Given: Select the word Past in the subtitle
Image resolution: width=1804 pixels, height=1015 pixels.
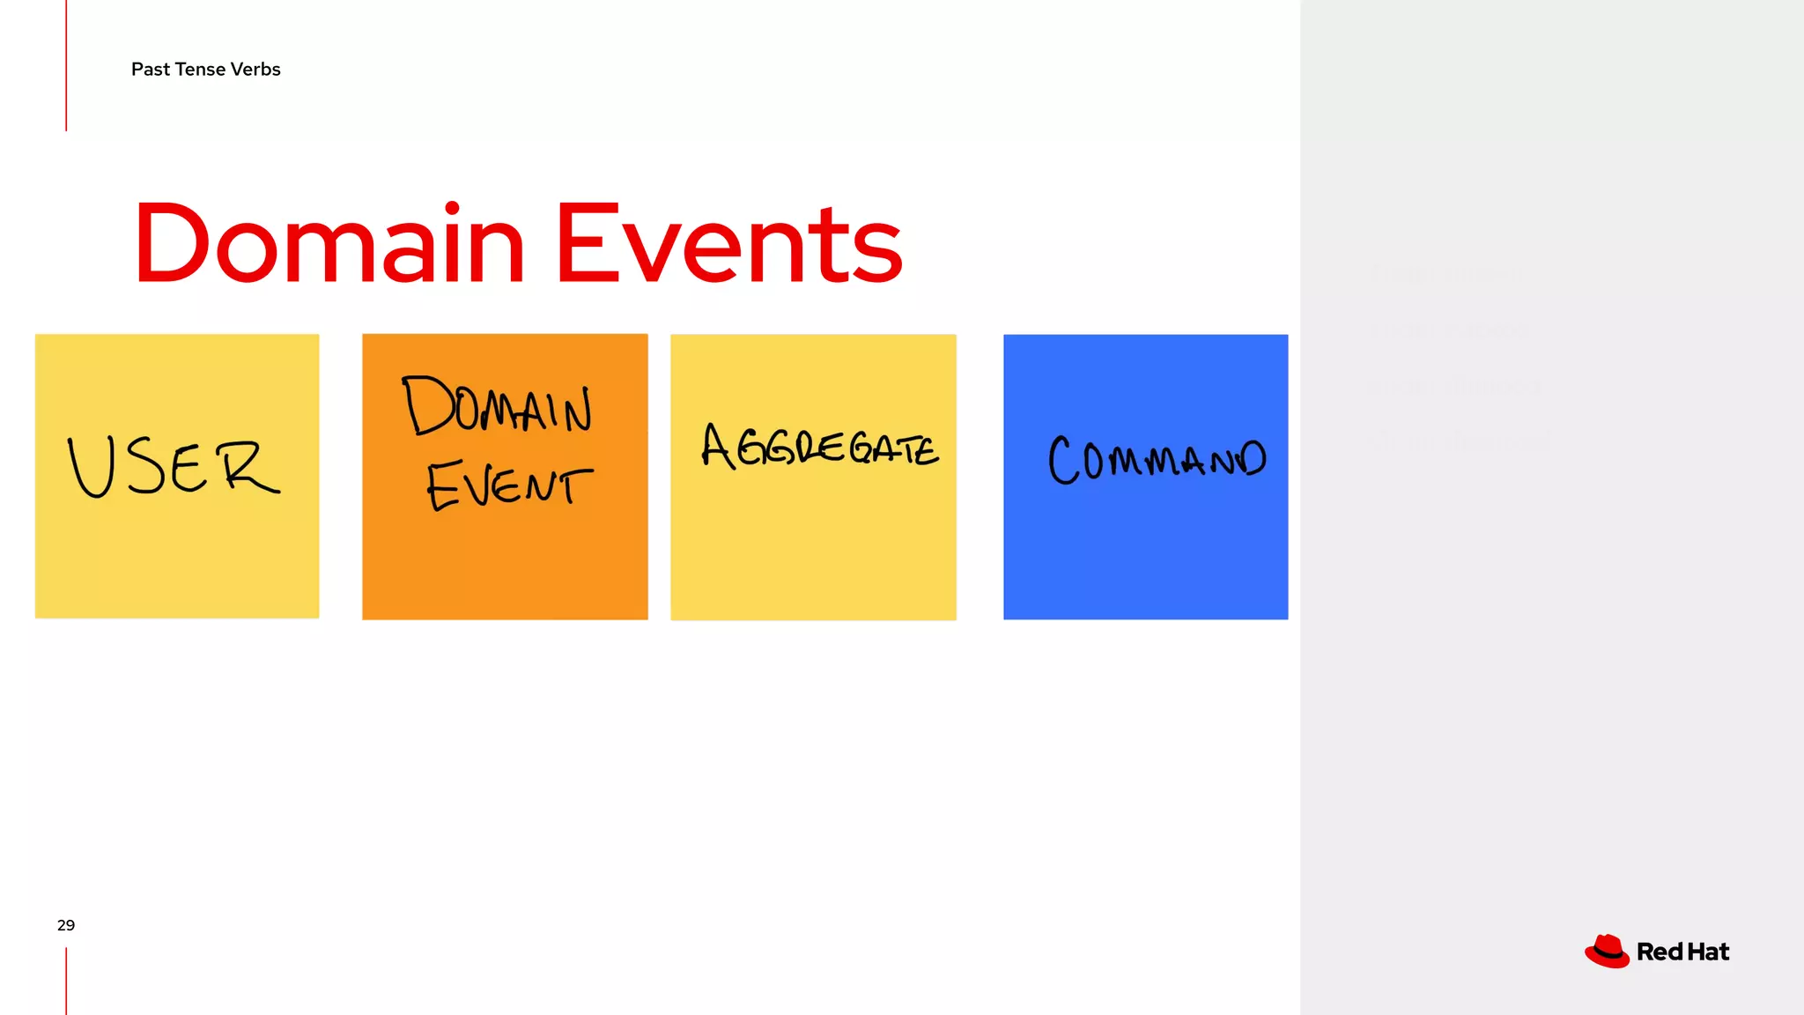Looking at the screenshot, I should pos(151,70).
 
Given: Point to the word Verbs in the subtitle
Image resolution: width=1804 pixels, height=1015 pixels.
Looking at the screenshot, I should pos(255,70).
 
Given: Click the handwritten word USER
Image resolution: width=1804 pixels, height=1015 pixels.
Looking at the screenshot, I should pos(174,467).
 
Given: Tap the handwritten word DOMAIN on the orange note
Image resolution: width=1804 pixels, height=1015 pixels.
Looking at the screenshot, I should pos(498,406).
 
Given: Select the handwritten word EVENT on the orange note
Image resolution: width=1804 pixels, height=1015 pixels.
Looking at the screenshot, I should pos(509,485).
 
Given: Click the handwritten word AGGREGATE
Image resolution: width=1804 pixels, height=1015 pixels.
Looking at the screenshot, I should pos(819,447).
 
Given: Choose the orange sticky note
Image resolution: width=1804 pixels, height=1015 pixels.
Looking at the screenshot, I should pos(505,564).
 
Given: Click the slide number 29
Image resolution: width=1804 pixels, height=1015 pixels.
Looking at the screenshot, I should pos(66,925).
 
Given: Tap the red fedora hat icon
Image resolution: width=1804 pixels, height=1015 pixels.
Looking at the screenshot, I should pos(1607,952).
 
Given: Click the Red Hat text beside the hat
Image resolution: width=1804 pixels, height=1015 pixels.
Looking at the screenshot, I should pos(1682,952).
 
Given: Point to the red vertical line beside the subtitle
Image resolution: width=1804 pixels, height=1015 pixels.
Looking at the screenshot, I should pos(66,66).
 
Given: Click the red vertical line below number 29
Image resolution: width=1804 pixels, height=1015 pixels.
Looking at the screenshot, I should pos(66,981).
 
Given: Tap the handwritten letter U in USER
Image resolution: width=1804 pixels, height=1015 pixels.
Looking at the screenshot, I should pos(92,467).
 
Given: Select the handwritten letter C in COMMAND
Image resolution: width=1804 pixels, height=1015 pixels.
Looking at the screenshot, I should pos(1063,460).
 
